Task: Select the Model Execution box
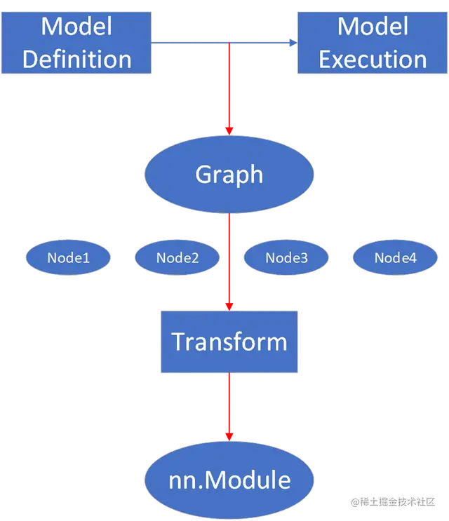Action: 373,42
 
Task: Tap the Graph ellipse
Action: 229,175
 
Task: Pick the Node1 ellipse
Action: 68,258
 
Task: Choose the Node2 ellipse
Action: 177,258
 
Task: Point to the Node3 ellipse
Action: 286,258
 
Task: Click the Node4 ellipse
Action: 395,258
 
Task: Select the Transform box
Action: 229,342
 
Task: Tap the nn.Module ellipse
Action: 229,480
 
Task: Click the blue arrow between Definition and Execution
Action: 210,43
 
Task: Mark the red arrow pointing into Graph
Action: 229,91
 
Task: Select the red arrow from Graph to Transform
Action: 229,263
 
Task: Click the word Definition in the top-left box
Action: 76,58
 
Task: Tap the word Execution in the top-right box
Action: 373,58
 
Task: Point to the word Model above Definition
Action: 76,26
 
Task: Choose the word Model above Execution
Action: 373,26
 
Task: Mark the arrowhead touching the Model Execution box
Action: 293,43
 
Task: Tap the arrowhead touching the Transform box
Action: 229,304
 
